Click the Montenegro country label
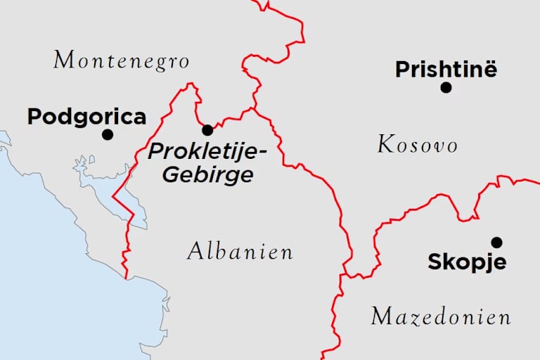click(122, 60)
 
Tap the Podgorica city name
click(86, 117)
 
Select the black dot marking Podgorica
click(108, 134)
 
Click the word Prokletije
click(197, 150)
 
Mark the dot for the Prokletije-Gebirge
click(207, 130)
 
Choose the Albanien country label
click(240, 252)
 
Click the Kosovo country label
click(418, 146)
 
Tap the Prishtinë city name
click(446, 70)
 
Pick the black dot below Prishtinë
click(446, 87)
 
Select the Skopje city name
click(467, 263)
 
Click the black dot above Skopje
click(496, 243)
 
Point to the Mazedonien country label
click(441, 316)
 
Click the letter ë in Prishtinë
click(489, 70)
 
